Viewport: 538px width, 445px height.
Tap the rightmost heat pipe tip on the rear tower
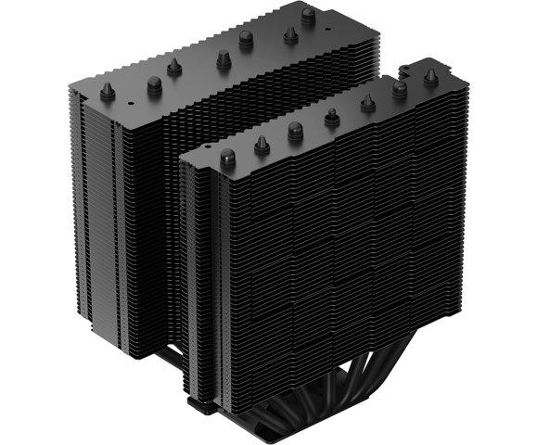tap(308, 14)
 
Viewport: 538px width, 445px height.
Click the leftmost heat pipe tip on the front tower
tap(225, 152)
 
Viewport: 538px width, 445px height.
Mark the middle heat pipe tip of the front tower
tap(331, 118)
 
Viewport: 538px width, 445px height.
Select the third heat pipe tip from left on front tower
tap(295, 129)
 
